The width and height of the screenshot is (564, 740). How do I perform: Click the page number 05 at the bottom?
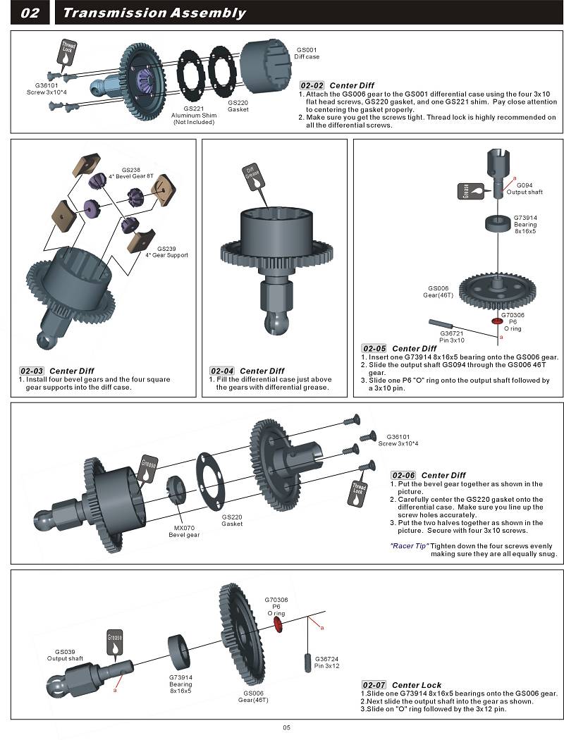tap(286, 728)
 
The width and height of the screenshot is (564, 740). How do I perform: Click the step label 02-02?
tap(312, 85)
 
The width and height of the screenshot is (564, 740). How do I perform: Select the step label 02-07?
tap(374, 684)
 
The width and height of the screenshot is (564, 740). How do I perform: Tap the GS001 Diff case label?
tap(307, 53)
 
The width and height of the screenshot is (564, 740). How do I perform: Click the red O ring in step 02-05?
tap(498, 321)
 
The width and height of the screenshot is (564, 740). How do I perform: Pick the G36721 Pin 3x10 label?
tap(452, 336)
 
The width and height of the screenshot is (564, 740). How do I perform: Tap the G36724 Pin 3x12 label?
tap(327, 662)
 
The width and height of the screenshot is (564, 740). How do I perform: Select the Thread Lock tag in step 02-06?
tap(359, 493)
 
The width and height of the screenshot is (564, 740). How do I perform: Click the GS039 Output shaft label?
tap(65, 655)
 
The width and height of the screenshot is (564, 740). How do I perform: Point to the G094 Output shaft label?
tap(525, 188)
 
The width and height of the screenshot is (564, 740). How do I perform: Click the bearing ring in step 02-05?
tap(499, 225)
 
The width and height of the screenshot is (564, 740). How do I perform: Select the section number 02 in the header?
tap(30, 13)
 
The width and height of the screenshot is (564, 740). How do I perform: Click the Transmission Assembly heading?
tap(154, 13)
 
